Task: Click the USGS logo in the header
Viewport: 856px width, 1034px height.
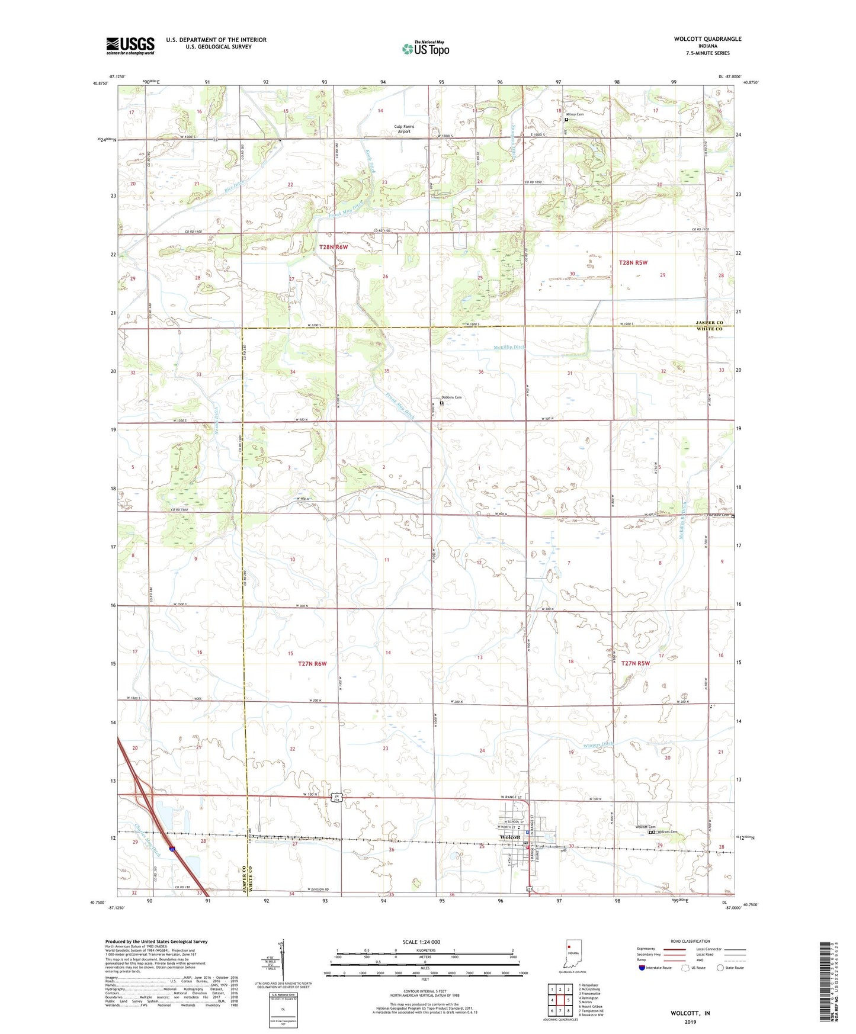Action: click(130, 46)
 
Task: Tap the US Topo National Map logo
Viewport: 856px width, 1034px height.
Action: click(425, 49)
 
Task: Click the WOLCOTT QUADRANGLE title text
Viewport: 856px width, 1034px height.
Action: click(707, 39)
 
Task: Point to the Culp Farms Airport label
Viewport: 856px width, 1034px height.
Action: click(405, 129)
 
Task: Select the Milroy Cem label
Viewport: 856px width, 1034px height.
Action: click(575, 114)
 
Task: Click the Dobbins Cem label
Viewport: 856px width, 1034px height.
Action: click(451, 397)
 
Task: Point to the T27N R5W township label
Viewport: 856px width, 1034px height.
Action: click(635, 663)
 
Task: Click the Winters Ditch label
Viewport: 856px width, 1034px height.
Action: click(599, 744)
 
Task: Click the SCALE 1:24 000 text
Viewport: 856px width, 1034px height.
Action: click(421, 942)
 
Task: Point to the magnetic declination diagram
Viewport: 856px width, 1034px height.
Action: click(282, 962)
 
